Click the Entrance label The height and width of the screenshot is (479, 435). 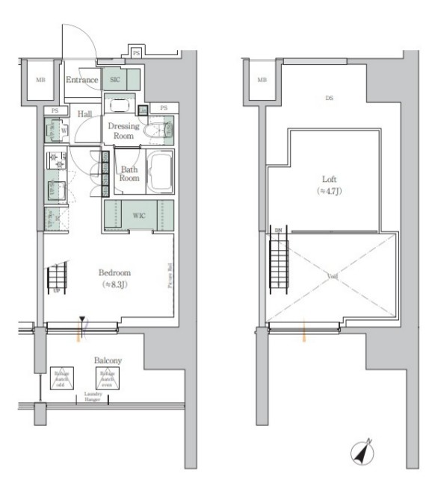pyautogui.click(x=82, y=80)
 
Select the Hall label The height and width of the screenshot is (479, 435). pyautogui.click(x=84, y=113)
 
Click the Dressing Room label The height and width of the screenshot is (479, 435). pyautogui.click(x=123, y=131)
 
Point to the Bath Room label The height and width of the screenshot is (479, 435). pyautogui.click(x=129, y=174)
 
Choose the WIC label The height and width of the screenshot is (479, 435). pyautogui.click(x=139, y=216)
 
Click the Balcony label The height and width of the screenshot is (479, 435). pyautogui.click(x=108, y=360)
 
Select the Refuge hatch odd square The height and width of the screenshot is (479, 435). pyautogui.click(x=60, y=379)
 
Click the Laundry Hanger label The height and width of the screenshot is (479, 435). pyautogui.click(x=93, y=395)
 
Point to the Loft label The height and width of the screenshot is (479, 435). pyautogui.click(x=328, y=180)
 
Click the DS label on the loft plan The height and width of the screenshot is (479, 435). pyautogui.click(x=328, y=98)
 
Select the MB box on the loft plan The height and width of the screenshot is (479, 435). pyautogui.click(x=262, y=80)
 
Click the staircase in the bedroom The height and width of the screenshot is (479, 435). pyautogui.click(x=58, y=279)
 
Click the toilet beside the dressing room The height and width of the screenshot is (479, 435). pyautogui.click(x=159, y=131)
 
